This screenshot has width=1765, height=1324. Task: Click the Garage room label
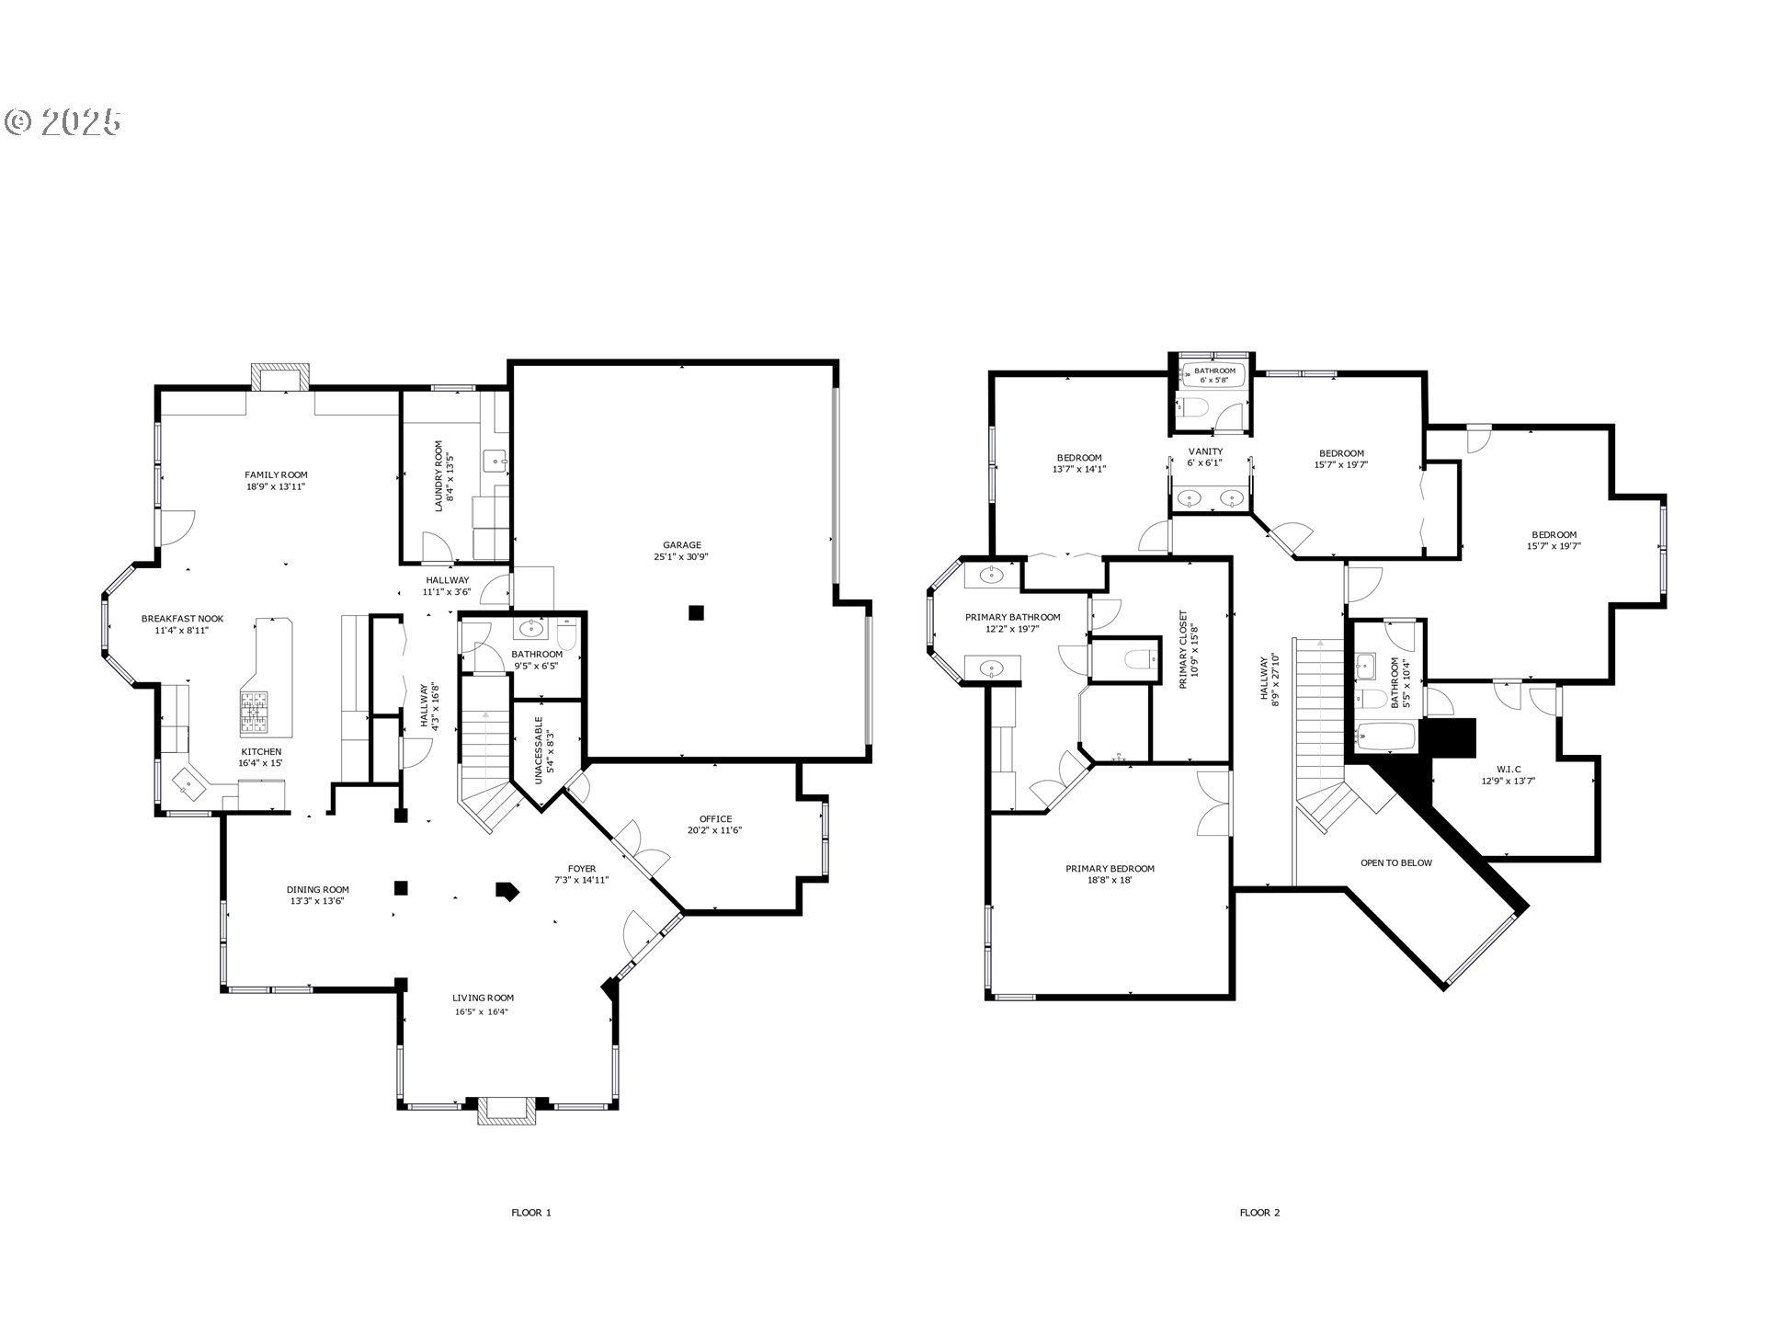point(681,545)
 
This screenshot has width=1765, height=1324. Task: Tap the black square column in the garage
point(697,612)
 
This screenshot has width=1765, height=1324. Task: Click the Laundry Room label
point(438,475)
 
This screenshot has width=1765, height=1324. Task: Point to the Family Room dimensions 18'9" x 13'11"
point(276,486)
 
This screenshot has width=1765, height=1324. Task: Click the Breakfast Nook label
point(182,619)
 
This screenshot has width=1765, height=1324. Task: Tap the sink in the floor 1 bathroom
point(530,629)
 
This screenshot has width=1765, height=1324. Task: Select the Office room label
point(715,818)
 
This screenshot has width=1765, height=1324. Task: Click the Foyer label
point(581,868)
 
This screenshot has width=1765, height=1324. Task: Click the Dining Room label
point(317,889)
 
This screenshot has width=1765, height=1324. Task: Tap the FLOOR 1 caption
point(531,1212)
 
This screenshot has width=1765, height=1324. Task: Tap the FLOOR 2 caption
point(1259,1212)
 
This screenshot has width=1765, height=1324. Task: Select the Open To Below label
point(1395,862)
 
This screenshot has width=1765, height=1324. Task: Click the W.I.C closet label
point(1508,769)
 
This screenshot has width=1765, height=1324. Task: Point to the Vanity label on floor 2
point(1205,451)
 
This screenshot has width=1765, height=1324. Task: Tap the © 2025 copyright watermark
point(63,122)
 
